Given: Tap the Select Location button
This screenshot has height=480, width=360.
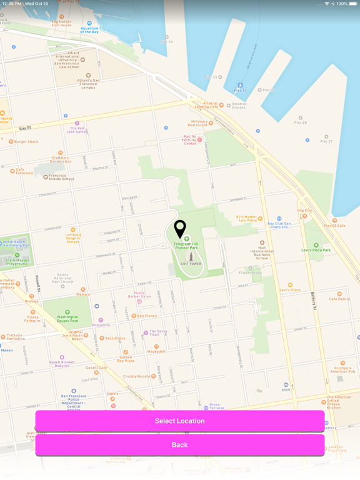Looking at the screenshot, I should pos(179,421).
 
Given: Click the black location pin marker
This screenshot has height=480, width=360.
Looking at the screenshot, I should pos(180,229).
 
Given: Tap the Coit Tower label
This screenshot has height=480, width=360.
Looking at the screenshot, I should pos(191,264).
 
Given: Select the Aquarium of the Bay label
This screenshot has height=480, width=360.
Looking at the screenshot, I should pos(89,29).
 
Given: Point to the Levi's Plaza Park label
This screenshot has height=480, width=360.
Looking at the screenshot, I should pos(316,250).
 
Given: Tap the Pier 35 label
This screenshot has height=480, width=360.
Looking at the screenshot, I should pos(166,42).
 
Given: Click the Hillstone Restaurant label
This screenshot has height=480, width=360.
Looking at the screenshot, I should pos(199,123).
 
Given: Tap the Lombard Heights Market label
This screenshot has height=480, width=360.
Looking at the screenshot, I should pos(73,237).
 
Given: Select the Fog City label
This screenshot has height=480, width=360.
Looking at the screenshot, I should pos(305,211).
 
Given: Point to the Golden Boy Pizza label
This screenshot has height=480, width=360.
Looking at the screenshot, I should pos(126,359).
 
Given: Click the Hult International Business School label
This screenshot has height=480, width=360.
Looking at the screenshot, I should pos(262,251).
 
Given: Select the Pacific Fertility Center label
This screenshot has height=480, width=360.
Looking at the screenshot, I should pos(190,140).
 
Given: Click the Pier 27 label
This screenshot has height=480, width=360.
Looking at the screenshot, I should pos(326,141).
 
